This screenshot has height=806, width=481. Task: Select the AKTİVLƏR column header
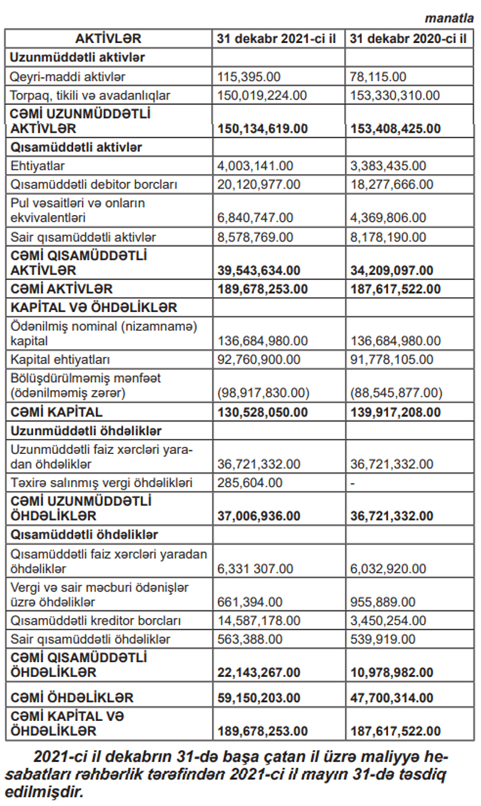[x=108, y=39]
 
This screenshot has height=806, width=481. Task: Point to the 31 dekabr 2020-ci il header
[x=408, y=39]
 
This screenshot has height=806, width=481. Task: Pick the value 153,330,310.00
[x=394, y=95]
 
